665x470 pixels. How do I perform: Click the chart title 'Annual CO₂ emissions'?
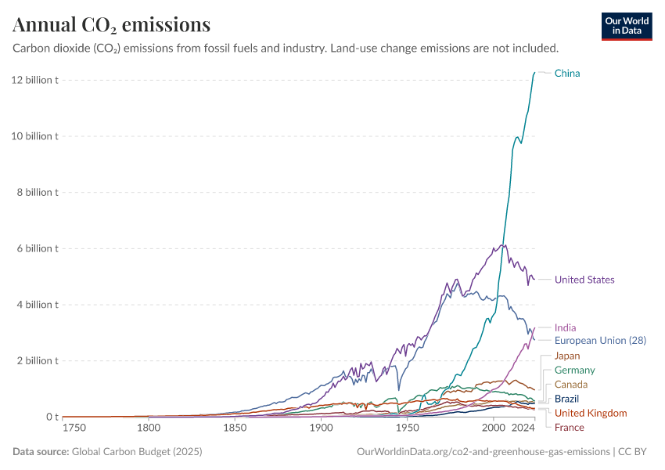tap(112, 25)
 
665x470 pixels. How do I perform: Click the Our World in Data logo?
tap(626, 26)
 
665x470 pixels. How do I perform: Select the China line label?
tap(567, 74)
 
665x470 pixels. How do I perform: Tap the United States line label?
tap(584, 280)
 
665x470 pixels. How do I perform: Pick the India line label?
tap(566, 327)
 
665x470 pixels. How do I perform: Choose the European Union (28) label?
tap(600, 341)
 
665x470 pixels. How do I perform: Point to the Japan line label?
tap(567, 356)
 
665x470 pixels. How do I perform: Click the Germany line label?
tap(574, 370)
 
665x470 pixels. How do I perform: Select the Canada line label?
tap(571, 385)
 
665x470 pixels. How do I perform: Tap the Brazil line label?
tap(566, 399)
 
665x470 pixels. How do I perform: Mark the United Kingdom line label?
tap(591, 413)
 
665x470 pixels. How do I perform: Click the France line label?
tap(569, 427)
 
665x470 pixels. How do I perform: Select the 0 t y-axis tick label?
tap(51, 417)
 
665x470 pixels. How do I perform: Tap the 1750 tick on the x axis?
tap(74, 428)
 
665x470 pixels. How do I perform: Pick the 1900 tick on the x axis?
tap(321, 428)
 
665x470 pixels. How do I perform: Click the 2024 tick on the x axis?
tap(523, 428)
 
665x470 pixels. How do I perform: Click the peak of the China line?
tap(534, 73)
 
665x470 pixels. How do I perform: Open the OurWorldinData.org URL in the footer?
tap(483, 452)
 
